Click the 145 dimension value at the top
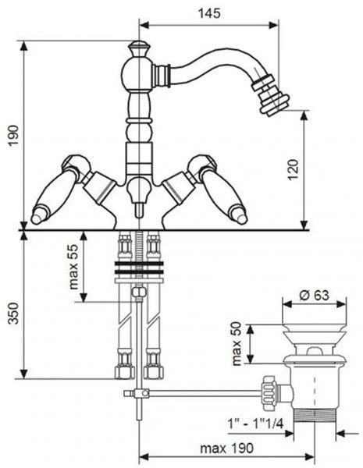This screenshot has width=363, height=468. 209,13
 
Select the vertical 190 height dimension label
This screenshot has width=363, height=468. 13,135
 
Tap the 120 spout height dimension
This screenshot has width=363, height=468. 294,169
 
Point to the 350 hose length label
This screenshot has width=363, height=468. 13,313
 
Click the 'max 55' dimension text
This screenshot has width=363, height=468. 73,267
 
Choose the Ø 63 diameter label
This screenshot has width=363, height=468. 314,295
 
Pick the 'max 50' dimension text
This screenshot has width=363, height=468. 236,343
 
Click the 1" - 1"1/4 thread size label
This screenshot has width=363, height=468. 255,424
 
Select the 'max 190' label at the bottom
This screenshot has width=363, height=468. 226,448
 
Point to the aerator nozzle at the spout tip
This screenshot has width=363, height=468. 270,95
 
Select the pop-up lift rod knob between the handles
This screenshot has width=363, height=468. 138,197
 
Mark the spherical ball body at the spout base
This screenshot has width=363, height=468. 137,73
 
